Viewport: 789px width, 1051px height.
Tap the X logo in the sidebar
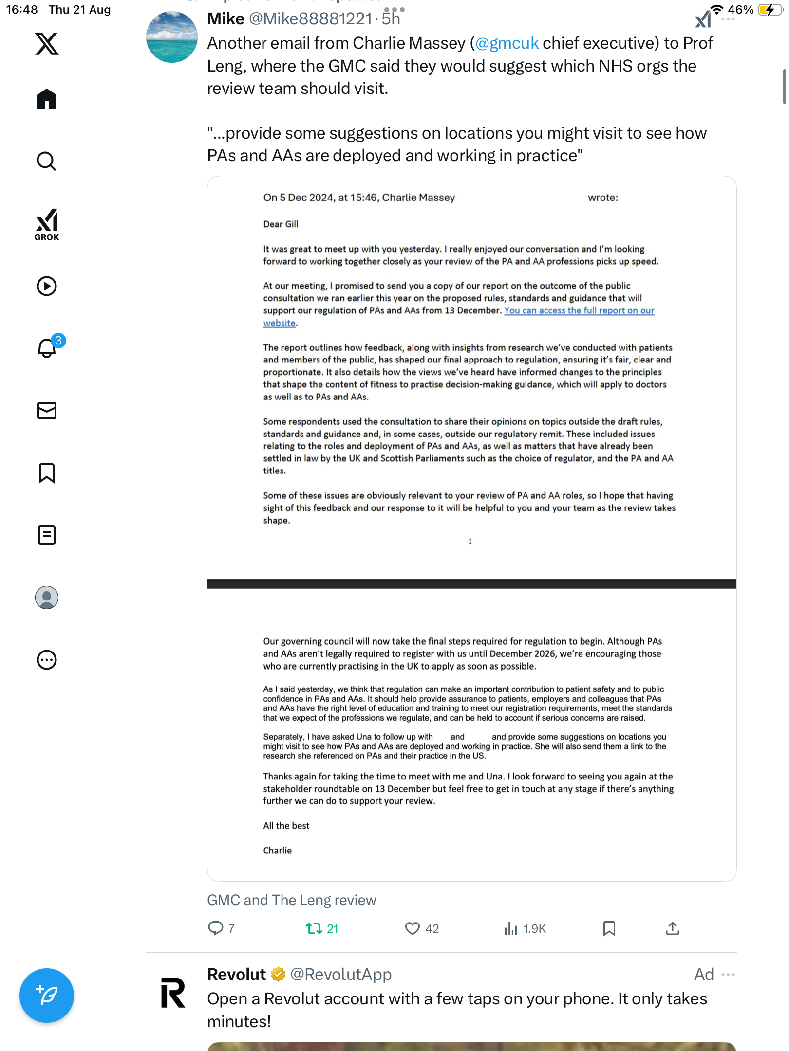click(47, 44)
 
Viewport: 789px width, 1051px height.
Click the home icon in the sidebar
click(47, 99)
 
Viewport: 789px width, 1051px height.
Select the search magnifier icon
click(47, 161)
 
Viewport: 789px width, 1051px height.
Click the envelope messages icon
click(47, 411)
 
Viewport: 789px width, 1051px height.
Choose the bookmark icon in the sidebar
click(47, 473)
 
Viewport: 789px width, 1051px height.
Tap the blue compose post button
click(47, 996)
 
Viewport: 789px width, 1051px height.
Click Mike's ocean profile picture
click(172, 37)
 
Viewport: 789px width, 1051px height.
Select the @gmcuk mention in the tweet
click(507, 43)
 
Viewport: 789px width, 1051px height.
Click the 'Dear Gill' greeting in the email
click(281, 224)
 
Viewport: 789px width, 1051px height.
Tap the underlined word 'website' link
click(279, 323)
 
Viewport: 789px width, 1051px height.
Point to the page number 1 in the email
click(470, 541)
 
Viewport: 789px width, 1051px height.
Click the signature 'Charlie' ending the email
click(277, 851)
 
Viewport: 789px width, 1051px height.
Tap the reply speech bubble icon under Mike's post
click(215, 928)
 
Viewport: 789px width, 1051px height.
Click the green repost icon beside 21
click(314, 928)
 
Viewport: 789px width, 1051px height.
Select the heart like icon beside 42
click(412, 928)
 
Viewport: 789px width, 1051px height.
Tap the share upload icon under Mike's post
click(672, 928)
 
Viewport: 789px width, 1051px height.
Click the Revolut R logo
click(173, 993)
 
